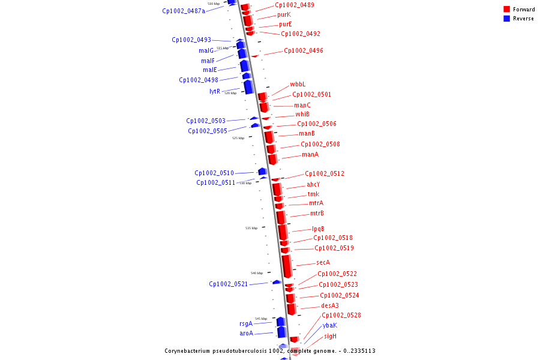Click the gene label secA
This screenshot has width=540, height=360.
tap(323, 262)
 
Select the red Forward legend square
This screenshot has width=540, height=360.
tap(506, 9)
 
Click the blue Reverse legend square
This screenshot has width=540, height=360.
tap(506, 19)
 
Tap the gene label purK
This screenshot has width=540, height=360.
tap(284, 14)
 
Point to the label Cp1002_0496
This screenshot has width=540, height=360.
tap(303, 50)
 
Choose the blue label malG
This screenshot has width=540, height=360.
tap(206, 50)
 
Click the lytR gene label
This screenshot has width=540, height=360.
tap(215, 91)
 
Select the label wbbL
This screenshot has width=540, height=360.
tap(298, 84)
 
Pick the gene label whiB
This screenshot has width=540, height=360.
tap(302, 114)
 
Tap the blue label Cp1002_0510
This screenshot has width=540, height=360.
tap(214, 173)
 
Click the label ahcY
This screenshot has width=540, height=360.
tap(313, 184)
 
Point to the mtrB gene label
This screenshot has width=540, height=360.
tap(317, 213)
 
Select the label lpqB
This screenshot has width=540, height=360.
tap(318, 229)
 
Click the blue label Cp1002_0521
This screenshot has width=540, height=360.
tap(228, 284)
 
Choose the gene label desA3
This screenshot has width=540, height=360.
tap(329, 305)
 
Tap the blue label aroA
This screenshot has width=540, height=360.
tap(246, 333)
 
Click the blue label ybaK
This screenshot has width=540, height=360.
tap(329, 325)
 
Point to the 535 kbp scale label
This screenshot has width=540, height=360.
tap(251, 228)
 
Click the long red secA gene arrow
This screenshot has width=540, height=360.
tap(287, 265)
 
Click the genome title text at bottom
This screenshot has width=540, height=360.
tap(270, 350)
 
